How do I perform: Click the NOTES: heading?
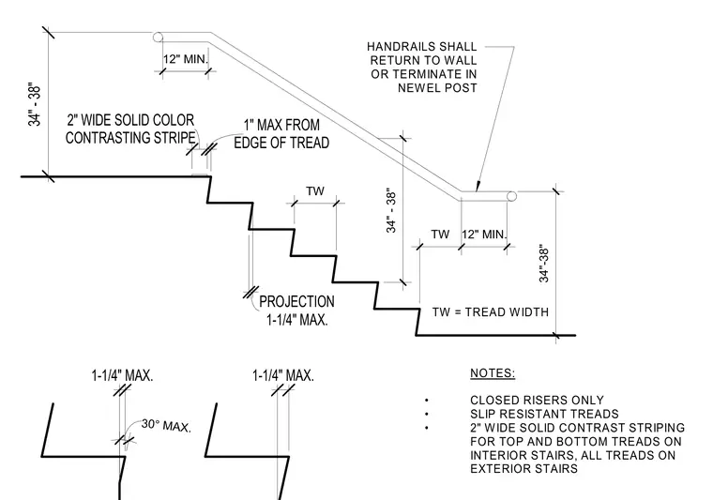(493, 373)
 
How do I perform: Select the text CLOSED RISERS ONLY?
(537, 400)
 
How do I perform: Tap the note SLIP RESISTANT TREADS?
(544, 414)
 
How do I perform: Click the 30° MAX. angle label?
(166, 426)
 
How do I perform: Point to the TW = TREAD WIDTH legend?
(490, 312)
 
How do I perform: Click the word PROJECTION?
(296, 301)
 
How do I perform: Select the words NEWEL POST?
(437, 88)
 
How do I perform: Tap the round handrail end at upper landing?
(158, 37)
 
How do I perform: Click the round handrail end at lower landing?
(511, 196)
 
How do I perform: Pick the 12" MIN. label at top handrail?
(186, 59)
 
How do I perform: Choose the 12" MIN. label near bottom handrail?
(484, 235)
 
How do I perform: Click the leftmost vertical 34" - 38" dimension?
(35, 104)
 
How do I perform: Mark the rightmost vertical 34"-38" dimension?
(544, 265)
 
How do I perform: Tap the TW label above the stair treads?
(315, 191)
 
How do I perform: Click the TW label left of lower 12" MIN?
(440, 235)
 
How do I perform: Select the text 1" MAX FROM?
(281, 125)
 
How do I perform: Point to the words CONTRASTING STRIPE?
(130, 137)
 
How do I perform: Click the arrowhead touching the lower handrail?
(477, 187)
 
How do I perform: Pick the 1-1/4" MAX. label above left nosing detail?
(122, 376)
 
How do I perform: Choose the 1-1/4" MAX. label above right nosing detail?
(282, 376)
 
